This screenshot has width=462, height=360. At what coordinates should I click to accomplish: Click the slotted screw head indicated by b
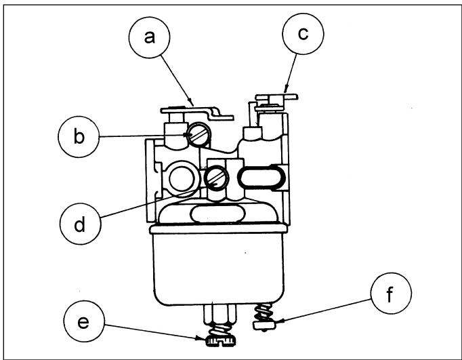199,134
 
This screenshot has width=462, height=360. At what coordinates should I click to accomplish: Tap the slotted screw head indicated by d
216,178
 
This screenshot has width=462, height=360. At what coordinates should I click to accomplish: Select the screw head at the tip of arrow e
221,342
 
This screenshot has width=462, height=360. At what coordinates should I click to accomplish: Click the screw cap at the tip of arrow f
264,325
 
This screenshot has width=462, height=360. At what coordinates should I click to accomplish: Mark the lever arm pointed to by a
197,113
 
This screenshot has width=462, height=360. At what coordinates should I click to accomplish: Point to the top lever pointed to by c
276,98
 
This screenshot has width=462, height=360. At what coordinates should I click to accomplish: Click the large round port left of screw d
182,178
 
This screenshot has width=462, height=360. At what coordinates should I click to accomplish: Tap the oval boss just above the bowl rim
218,214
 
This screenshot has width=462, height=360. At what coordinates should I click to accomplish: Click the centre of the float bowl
218,265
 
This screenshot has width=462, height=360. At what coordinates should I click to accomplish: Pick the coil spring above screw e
221,329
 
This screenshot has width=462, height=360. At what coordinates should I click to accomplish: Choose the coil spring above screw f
263,313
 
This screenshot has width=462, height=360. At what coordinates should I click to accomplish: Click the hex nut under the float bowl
220,313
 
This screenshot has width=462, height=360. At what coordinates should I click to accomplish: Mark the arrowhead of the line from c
285,89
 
